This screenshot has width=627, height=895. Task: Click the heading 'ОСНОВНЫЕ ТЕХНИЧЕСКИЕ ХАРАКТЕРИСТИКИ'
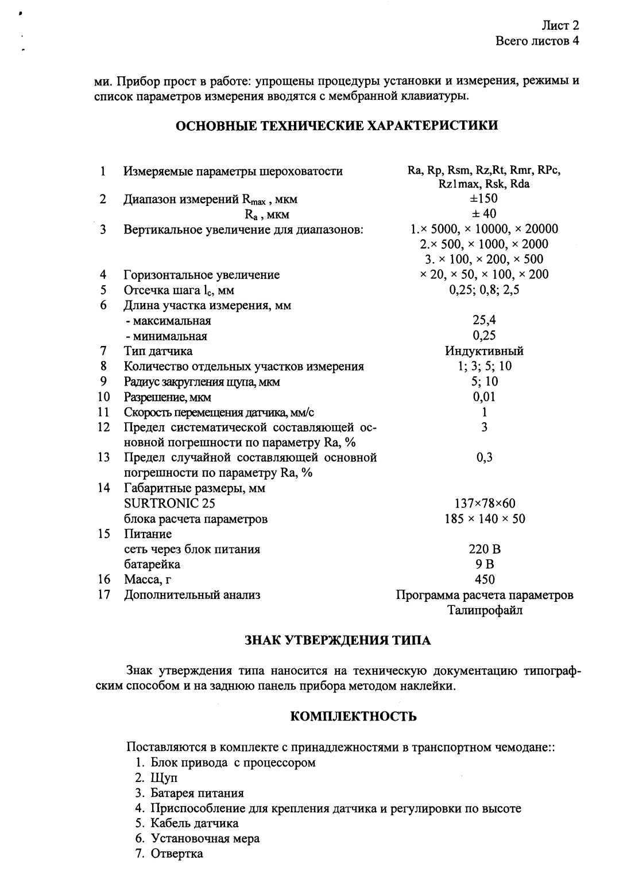tap(336, 126)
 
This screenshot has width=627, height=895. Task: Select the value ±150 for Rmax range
tap(484, 199)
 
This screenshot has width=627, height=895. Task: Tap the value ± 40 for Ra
tap(484, 214)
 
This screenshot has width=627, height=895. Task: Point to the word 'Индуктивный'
tap(484, 351)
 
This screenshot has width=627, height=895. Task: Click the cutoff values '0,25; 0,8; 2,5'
tap(484, 290)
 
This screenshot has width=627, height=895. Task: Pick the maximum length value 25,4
tap(484, 320)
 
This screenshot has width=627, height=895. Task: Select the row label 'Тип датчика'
tap(158, 351)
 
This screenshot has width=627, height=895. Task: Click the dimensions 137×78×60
tap(485, 504)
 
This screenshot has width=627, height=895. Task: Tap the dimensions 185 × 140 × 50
tap(485, 519)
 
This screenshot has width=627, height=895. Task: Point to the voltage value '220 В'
tap(485, 549)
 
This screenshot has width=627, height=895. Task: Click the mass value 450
tap(485, 579)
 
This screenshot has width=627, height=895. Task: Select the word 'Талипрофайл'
tap(485, 610)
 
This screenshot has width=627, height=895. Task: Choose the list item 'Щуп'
tap(164, 778)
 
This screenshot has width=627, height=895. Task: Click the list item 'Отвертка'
tap(177, 853)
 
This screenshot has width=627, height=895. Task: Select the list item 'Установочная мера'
tap(205, 838)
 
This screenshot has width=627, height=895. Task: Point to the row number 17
tap(104, 594)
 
